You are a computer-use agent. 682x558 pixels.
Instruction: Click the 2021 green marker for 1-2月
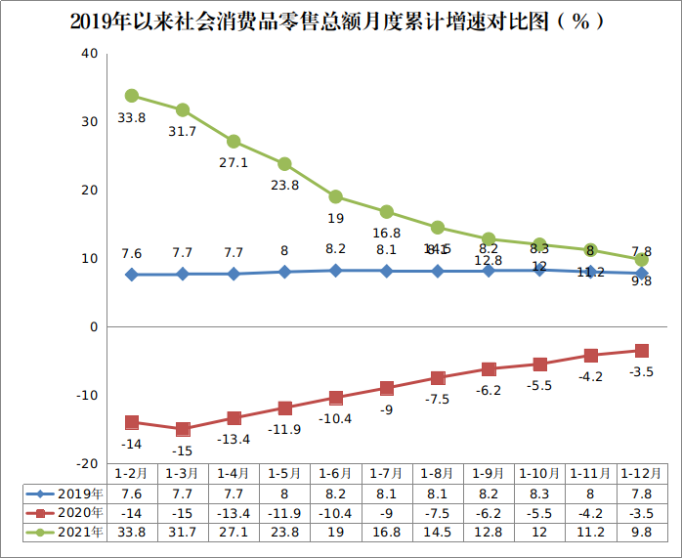131,96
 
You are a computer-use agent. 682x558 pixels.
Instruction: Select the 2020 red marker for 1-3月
183,429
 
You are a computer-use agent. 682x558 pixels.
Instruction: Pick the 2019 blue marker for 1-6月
335,270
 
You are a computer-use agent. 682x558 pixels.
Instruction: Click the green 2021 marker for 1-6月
335,196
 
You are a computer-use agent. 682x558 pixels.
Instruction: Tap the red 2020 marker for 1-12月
641,351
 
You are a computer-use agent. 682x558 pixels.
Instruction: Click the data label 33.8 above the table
131,117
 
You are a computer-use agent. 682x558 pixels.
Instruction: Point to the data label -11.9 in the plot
284,429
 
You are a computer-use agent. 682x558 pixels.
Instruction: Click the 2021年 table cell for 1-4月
234,532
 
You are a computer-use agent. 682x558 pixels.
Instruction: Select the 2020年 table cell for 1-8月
438,512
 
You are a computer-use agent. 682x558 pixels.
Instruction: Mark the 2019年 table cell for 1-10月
539,493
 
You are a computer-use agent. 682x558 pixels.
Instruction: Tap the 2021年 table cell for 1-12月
641,532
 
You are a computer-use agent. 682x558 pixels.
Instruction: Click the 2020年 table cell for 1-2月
131,512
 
